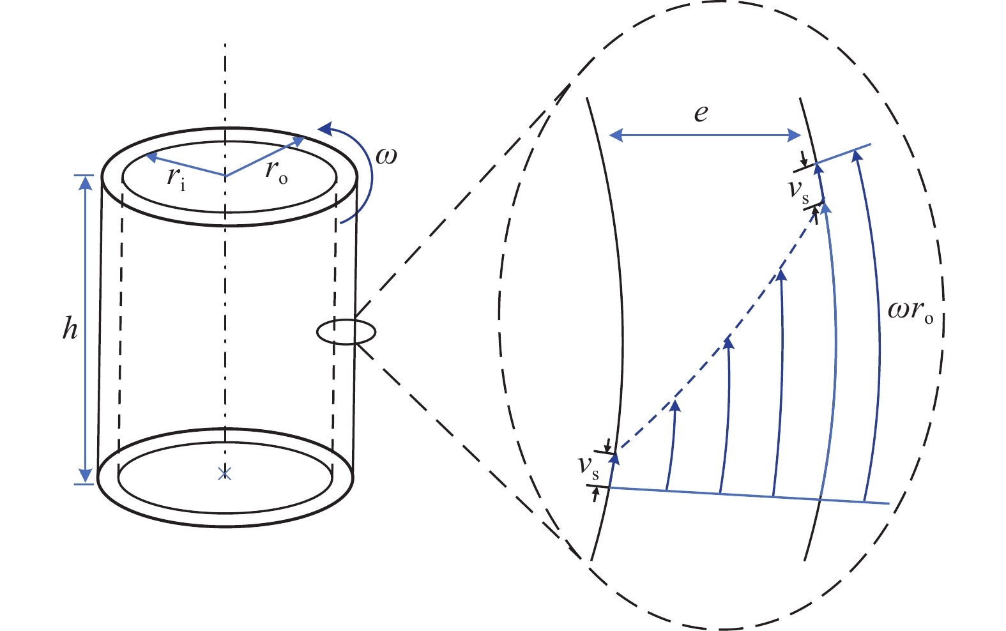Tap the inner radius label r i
click(x=176, y=176)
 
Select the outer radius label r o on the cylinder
click(x=276, y=172)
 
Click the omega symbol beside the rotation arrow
click(x=386, y=155)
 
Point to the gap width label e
click(x=701, y=113)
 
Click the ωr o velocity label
click(x=910, y=311)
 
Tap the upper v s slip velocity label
click(x=798, y=190)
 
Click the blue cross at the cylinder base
click(x=224, y=473)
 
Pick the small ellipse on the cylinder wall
click(x=346, y=332)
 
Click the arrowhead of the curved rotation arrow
click(x=326, y=129)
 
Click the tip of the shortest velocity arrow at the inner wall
click(x=614, y=456)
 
